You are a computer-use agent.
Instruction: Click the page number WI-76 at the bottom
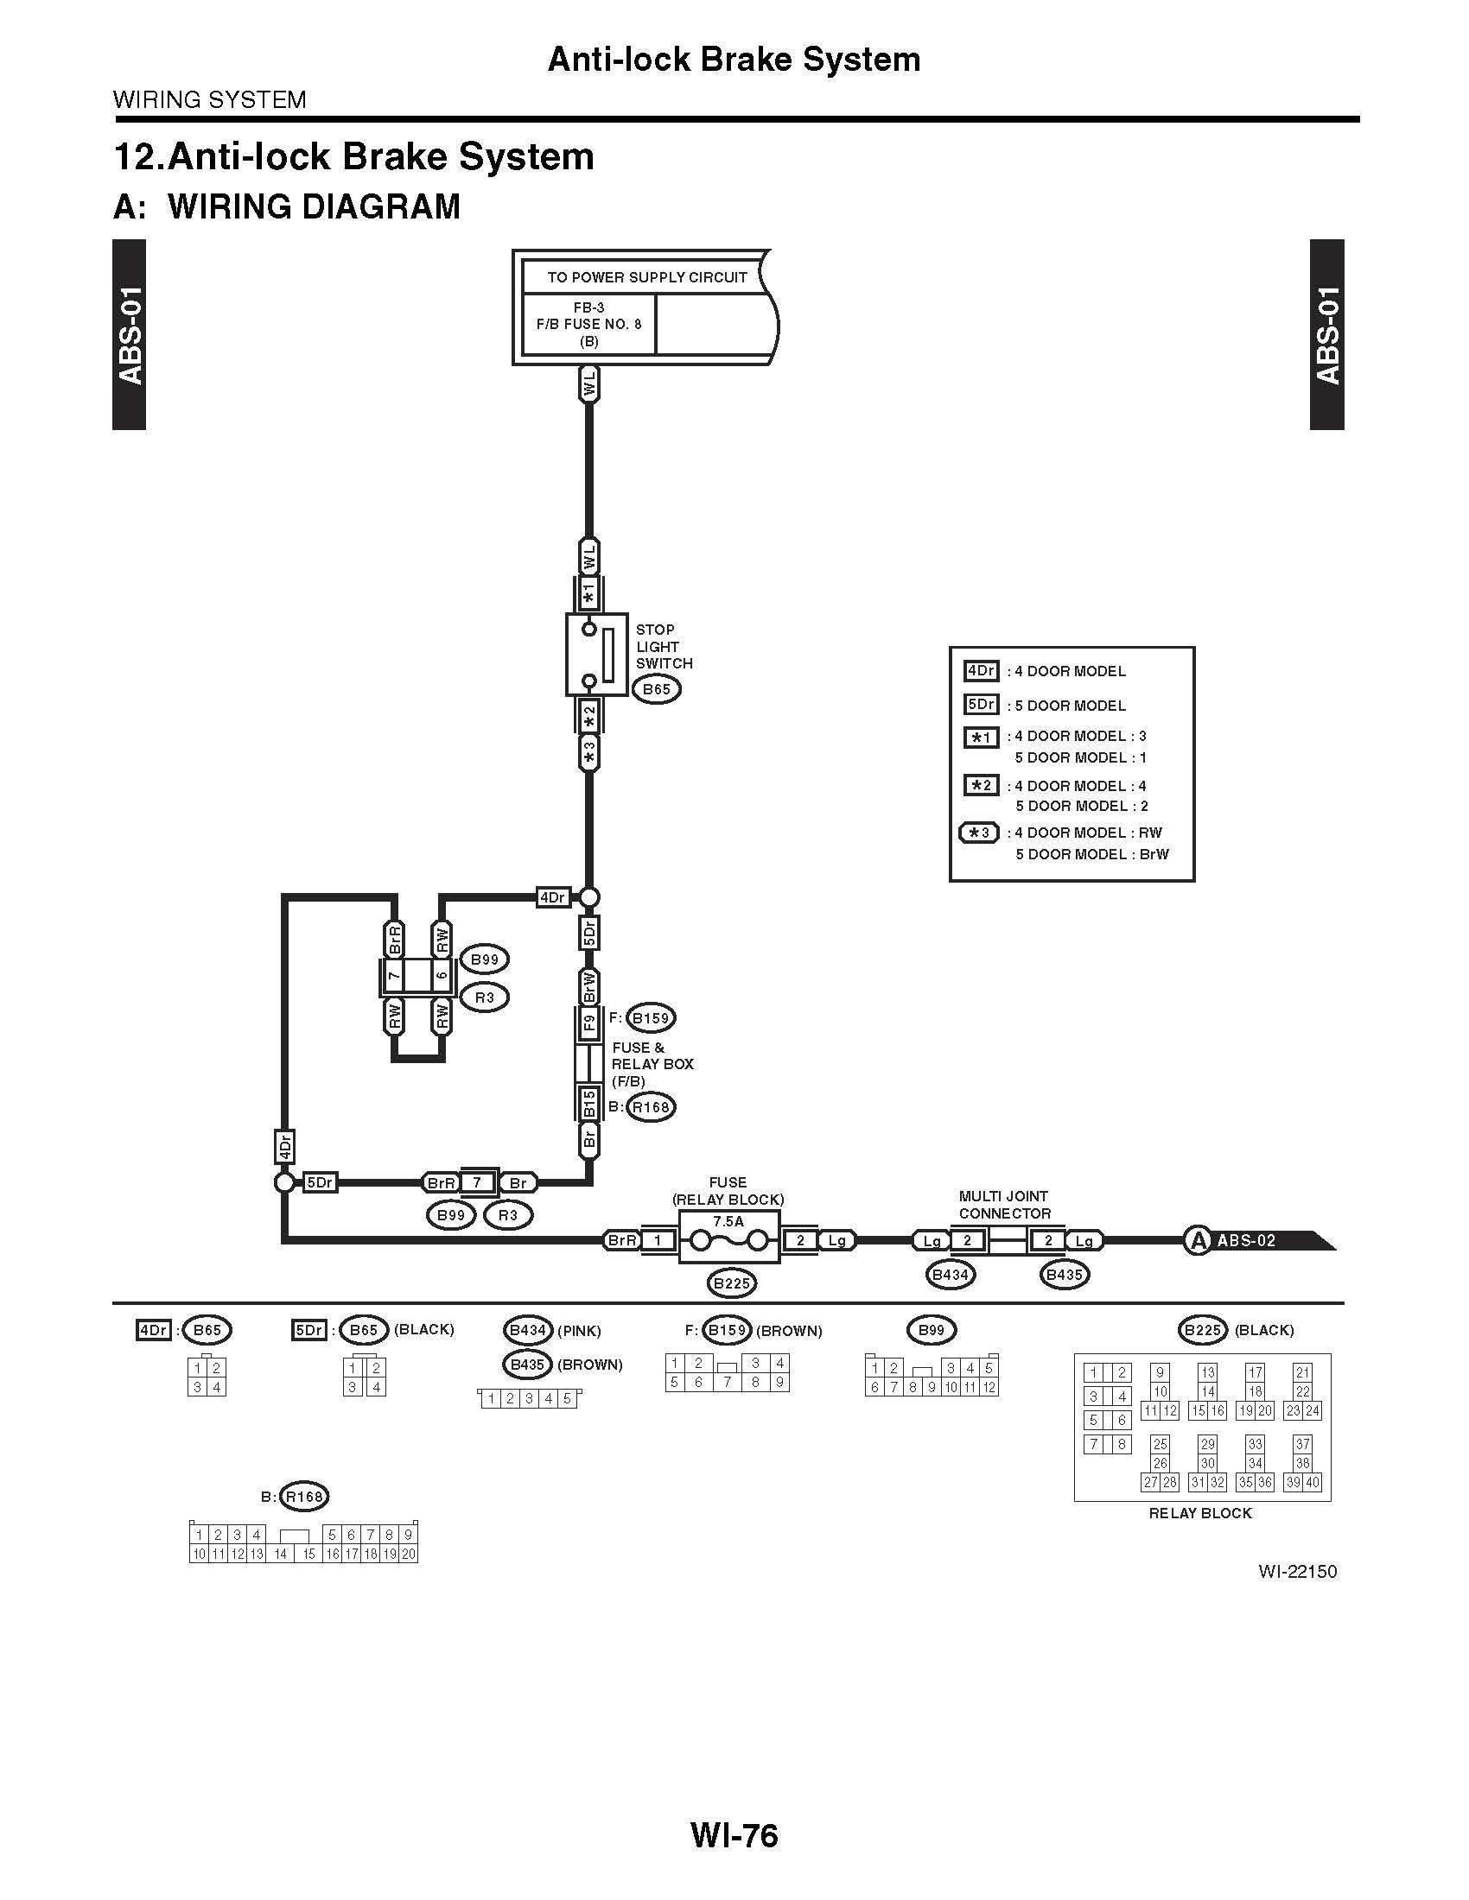tap(734, 1835)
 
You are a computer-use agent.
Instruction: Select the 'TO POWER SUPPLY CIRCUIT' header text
tap(646, 277)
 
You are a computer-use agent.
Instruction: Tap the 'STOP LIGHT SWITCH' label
tap(663, 646)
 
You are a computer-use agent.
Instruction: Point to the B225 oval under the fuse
tap(731, 1282)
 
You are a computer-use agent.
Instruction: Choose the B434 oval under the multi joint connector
tap(951, 1276)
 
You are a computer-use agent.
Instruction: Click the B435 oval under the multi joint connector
tap(1064, 1276)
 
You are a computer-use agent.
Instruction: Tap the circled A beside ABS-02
tap(1199, 1240)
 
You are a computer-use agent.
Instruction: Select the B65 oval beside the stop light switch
tap(656, 690)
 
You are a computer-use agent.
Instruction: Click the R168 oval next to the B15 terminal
tap(651, 1107)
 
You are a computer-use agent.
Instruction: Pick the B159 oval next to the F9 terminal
tap(651, 1018)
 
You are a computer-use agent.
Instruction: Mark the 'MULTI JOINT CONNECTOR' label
tap(1004, 1205)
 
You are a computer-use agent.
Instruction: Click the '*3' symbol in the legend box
tap(979, 833)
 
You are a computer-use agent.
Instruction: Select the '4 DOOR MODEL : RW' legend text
tap(1088, 833)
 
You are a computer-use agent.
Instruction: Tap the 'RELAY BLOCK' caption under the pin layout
tap(1200, 1514)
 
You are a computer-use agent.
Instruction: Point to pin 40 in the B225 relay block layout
tap(1312, 1482)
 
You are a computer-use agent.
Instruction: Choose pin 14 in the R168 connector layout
tap(280, 1555)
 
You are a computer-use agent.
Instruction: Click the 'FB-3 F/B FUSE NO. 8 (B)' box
tap(588, 325)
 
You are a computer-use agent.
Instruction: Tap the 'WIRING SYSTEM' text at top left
tap(210, 100)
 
